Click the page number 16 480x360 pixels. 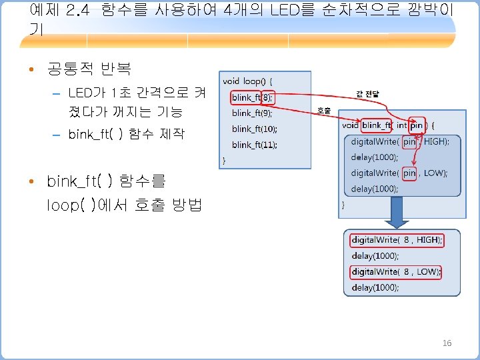(x=447, y=343)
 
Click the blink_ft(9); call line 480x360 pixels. (x=254, y=113)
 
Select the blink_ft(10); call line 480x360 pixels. (x=255, y=129)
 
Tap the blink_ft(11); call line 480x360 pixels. (x=255, y=145)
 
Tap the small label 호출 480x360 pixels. (x=323, y=111)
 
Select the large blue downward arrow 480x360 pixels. (x=399, y=213)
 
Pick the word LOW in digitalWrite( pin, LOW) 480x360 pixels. (x=435, y=173)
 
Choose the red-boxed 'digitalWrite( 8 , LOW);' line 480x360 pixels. (x=396, y=271)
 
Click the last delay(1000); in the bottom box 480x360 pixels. (x=375, y=287)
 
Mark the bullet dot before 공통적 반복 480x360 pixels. (x=32, y=69)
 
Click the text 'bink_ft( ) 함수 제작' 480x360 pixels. (x=126, y=135)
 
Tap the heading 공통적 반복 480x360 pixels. (x=89, y=69)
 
